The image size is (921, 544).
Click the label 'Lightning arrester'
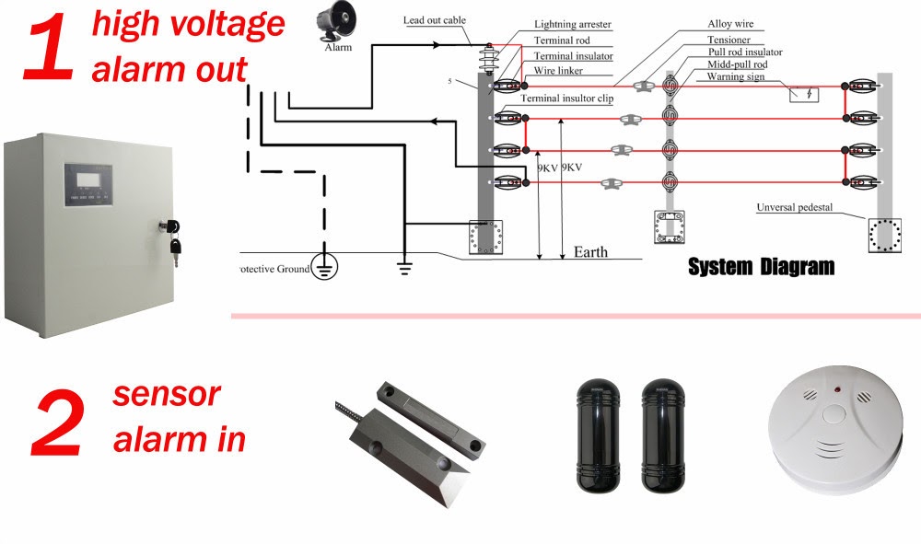tap(571, 25)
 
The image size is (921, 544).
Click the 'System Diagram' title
tap(761, 267)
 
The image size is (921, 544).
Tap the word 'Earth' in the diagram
tap(590, 251)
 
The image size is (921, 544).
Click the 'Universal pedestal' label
tap(796, 207)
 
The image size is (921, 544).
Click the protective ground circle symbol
tap(324, 268)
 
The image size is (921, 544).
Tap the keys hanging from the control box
tap(174, 238)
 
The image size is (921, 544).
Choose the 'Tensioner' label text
tap(729, 41)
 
